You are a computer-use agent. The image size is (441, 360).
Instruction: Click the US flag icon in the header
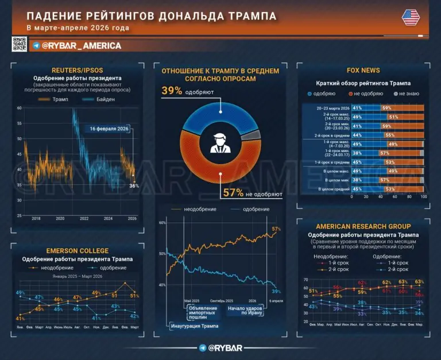pos(411,17)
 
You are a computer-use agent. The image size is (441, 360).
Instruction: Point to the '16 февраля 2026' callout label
pos(109,129)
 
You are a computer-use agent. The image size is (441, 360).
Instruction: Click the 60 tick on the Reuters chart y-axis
pos(19,108)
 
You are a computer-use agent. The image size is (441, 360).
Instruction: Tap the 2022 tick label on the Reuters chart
pos(84,219)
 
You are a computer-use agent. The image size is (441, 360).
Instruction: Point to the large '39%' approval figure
pos(172,91)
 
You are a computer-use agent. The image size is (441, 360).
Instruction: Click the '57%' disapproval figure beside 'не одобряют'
pos(233,193)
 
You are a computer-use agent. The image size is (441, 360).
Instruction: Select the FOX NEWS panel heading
pos(363,70)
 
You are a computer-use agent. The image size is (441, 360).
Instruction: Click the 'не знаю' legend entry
pos(405,93)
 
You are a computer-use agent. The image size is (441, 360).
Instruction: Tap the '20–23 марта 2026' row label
pos(334,108)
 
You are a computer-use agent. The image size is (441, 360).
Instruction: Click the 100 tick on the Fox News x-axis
pos(424,196)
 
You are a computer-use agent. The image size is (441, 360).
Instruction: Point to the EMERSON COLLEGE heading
pos(78,250)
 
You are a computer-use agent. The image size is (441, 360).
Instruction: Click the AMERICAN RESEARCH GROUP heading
pos(363,226)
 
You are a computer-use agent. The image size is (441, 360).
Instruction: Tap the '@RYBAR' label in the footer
pos(219,348)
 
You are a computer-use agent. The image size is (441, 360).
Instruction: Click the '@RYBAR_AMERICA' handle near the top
pos(81,45)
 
